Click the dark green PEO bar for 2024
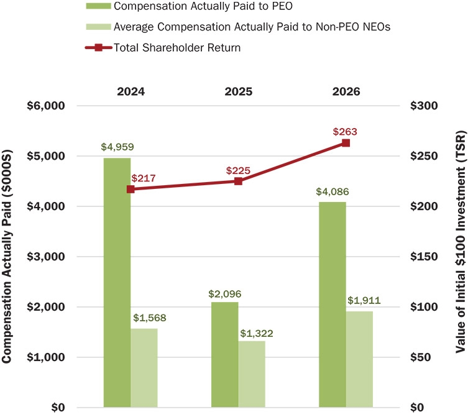coord(117,282)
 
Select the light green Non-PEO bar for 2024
coord(144,368)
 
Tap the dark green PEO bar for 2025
coord(225,355)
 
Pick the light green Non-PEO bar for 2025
coord(252,374)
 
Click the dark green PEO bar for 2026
coord(333,305)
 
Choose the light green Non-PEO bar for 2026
coord(360,359)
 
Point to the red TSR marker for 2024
coord(131,190)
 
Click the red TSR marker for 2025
coord(238,181)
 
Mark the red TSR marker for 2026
coord(346,143)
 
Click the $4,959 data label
coord(117,147)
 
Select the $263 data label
coord(345,132)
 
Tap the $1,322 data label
coord(257,334)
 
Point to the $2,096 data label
coord(225,294)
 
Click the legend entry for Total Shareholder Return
coord(163,48)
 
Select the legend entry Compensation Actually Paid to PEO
coord(189,6)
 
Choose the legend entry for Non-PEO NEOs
coord(238,27)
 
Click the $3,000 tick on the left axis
coord(45,257)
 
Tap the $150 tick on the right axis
coord(424,257)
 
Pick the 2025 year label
coord(239,91)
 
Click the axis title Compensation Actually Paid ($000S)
coord(7,257)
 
